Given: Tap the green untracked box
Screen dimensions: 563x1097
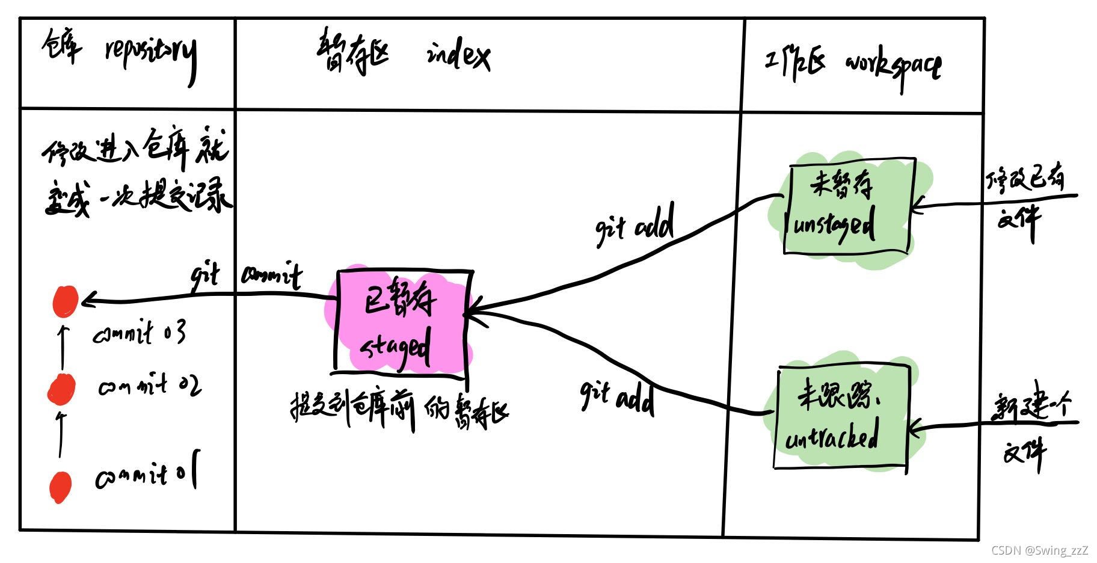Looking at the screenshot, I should [x=840, y=418].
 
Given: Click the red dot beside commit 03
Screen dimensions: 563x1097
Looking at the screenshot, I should [x=65, y=301].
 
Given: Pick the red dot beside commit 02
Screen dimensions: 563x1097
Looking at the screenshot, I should [x=61, y=388].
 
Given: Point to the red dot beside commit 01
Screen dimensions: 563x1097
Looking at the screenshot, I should [x=60, y=486].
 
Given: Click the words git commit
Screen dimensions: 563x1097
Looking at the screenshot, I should [x=247, y=277].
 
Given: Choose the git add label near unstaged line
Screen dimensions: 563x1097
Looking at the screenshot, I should [x=635, y=226].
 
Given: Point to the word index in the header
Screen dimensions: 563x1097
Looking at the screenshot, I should [x=458, y=57].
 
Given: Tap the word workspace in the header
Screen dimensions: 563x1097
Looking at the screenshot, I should [x=894, y=66].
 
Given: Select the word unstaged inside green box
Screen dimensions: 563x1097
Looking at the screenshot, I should [x=834, y=227].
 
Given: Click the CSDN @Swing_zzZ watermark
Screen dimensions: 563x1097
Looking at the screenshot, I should [x=1039, y=550].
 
